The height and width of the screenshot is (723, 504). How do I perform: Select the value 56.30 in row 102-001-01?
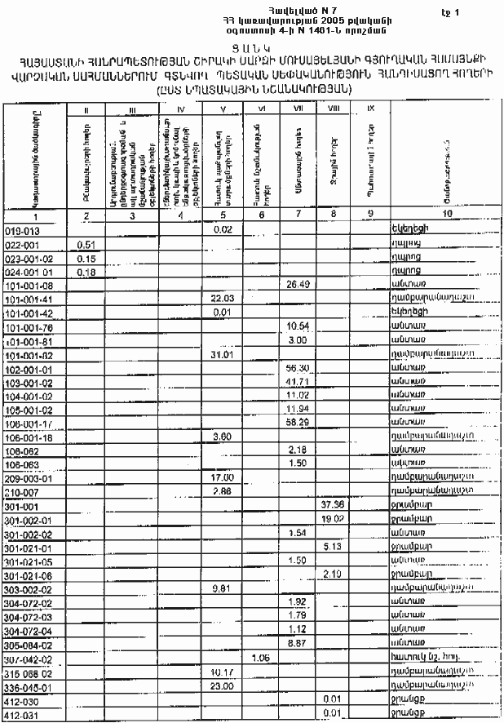pyautogui.click(x=296, y=368)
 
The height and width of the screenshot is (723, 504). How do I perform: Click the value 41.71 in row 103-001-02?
pyautogui.click(x=296, y=382)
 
